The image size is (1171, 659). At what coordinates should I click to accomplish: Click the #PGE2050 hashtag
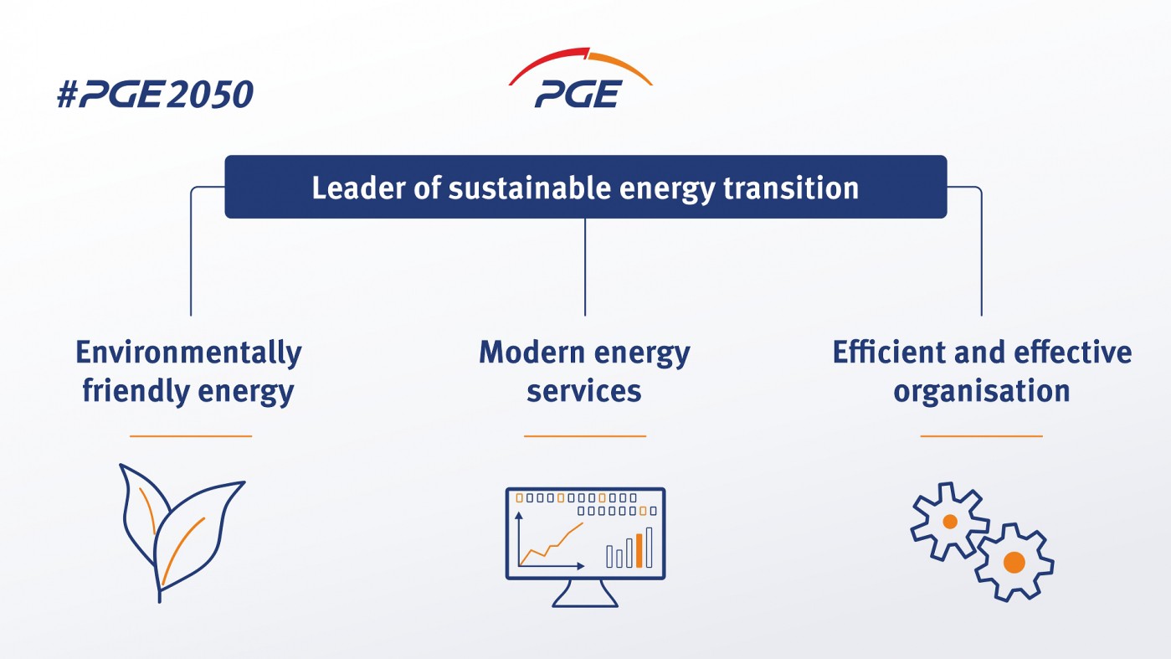[x=155, y=95]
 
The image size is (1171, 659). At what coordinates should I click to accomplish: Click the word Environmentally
[x=188, y=353]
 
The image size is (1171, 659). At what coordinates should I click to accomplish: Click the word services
[x=584, y=391]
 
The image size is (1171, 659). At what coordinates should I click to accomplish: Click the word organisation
[x=981, y=391]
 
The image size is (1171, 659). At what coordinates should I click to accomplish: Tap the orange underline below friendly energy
[x=191, y=436]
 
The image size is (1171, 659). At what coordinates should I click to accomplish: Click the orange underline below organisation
[x=981, y=436]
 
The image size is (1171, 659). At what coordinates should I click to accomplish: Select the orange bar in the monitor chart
[x=639, y=549]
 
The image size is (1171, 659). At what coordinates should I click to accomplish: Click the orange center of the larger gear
[x=1014, y=562]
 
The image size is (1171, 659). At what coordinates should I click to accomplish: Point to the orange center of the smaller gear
[x=950, y=522]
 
